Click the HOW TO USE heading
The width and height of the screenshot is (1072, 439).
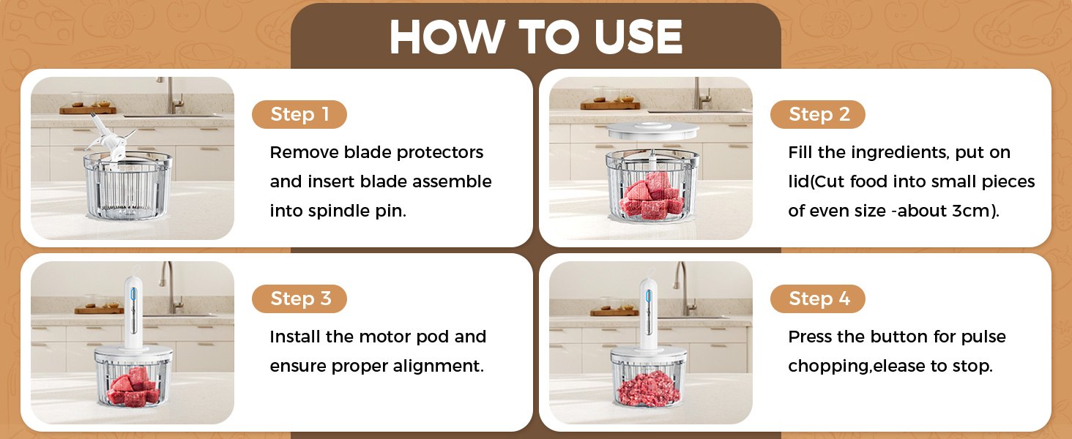point(536,37)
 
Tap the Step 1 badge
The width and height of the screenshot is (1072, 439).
point(299,115)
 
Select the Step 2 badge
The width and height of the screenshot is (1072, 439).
point(817,115)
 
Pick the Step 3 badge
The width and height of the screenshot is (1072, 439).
point(299,299)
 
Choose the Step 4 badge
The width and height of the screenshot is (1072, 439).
point(817,299)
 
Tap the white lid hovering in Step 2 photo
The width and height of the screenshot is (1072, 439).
point(650,136)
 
